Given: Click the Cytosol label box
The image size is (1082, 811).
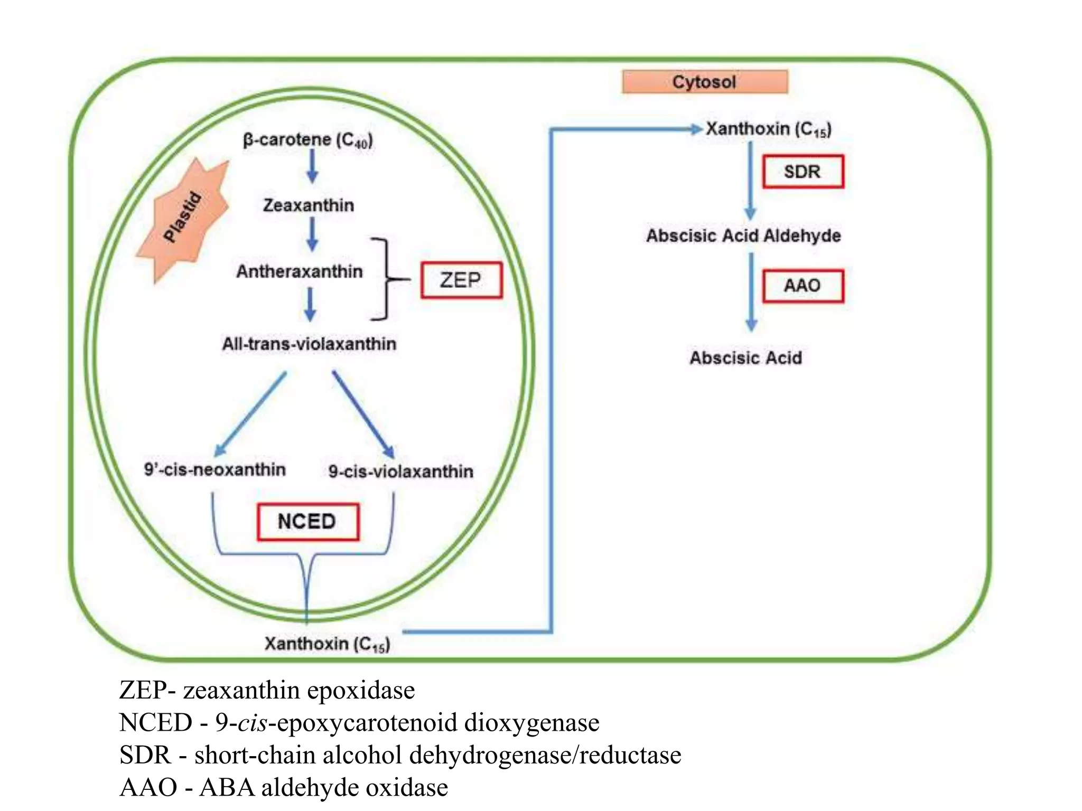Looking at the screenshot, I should click(x=704, y=82).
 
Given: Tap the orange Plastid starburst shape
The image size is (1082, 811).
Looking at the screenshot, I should click(x=184, y=219).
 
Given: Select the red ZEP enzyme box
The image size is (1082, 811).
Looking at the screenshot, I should click(x=461, y=280).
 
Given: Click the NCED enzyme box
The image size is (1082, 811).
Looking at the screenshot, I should click(x=307, y=522).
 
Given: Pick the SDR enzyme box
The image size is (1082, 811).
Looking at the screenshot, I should click(x=803, y=172).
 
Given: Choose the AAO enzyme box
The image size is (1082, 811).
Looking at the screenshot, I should click(x=803, y=286).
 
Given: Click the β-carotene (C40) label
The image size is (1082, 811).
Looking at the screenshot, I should click(x=308, y=140).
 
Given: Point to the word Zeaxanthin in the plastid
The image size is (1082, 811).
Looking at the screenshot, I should click(x=309, y=205).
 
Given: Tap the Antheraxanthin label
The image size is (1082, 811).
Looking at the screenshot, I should click(x=300, y=271).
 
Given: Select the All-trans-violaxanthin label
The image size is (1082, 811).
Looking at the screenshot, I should click(x=309, y=344).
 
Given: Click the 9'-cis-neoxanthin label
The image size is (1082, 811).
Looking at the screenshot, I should click(x=215, y=469).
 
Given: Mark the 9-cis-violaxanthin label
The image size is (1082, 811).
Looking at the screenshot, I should click(x=400, y=471).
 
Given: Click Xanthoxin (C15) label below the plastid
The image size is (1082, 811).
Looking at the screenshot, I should click(x=327, y=644).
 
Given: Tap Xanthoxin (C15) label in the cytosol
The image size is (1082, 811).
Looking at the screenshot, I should click(x=769, y=129).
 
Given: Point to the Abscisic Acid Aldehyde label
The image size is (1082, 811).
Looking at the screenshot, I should click(x=743, y=235).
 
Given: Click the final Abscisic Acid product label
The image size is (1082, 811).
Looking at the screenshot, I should click(x=745, y=358).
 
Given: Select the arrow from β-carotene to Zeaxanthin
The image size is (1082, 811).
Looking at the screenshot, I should click(x=312, y=166).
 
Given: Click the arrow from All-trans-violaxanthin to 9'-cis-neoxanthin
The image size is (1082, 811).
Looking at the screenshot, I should click(x=250, y=414).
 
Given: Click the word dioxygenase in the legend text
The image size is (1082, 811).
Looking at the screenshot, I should click(x=531, y=723).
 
